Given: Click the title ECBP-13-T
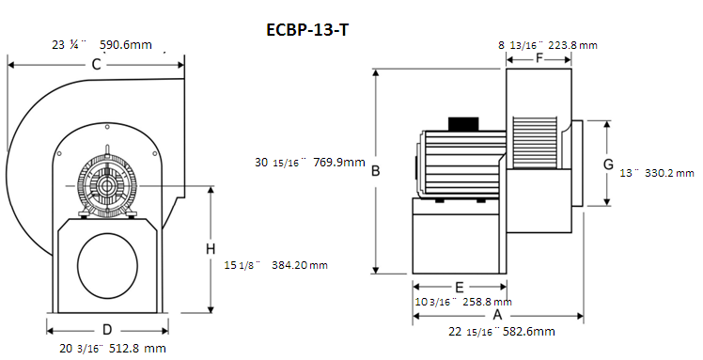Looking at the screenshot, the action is [307, 29].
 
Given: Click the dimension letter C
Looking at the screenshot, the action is [97, 65].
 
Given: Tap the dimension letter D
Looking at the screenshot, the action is [107, 330].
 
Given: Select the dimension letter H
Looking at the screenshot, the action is [211, 249].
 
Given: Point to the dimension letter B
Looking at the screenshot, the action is [376, 171].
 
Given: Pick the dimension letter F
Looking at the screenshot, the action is [539, 58].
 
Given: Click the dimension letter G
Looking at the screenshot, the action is [608, 164].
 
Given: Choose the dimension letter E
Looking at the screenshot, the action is [459, 287].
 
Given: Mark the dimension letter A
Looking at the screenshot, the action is [497, 316].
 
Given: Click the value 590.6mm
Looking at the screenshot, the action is [126, 45].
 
